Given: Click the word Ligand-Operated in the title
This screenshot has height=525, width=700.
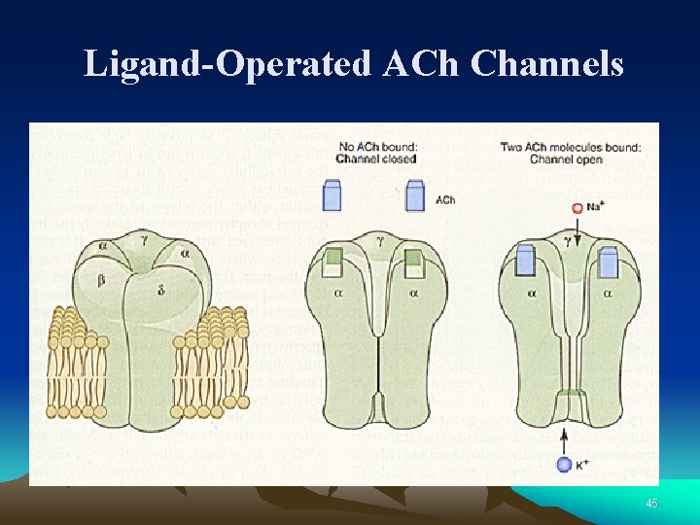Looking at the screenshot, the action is coord(227,63).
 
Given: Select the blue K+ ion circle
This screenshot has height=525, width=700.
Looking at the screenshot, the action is coord(563,465).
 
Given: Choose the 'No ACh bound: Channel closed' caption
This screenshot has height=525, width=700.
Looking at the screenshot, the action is coord(376,153).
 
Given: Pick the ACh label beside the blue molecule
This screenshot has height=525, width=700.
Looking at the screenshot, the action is coord(445,200).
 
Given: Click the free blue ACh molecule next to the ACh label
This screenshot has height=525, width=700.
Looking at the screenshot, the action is coord(415,196).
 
